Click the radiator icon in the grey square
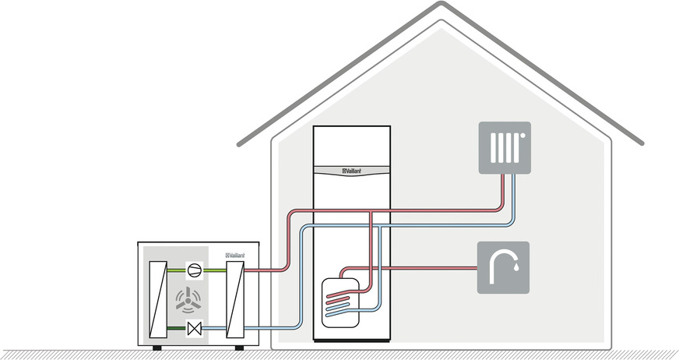(504, 147)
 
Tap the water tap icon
(503, 267)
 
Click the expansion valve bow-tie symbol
(195, 329)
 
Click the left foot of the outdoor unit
(157, 345)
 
